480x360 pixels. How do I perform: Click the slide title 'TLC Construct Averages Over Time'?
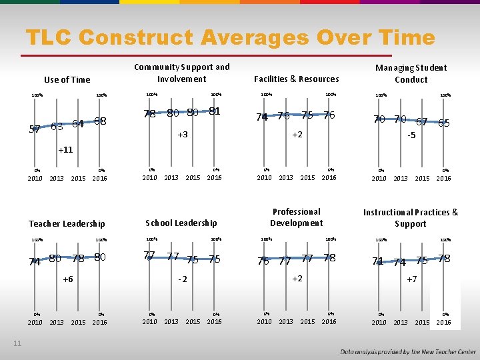click(230, 38)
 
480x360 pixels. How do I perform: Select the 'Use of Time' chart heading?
click(67, 80)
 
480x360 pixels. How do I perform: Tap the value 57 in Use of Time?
click(35, 129)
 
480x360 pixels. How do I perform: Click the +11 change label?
click(65, 150)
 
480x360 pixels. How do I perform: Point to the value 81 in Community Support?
click(214, 111)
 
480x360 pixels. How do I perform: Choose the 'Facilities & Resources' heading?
click(297, 79)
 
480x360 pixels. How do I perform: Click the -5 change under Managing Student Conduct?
click(412, 135)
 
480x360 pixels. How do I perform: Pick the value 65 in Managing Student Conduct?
click(444, 123)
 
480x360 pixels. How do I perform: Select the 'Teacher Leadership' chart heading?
click(67, 224)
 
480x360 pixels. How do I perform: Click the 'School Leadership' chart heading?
click(181, 223)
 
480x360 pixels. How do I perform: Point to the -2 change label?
click(181, 279)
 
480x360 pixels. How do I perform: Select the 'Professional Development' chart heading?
click(297, 217)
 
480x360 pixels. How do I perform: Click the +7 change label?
click(412, 279)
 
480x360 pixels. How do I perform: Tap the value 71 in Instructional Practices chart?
click(378, 261)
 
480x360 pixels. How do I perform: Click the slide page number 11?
click(17, 343)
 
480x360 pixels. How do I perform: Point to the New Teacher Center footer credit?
click(408, 351)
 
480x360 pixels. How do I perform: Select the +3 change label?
click(182, 135)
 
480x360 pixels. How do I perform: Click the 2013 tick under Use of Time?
click(57, 178)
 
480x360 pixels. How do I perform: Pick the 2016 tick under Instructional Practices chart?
click(444, 323)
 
